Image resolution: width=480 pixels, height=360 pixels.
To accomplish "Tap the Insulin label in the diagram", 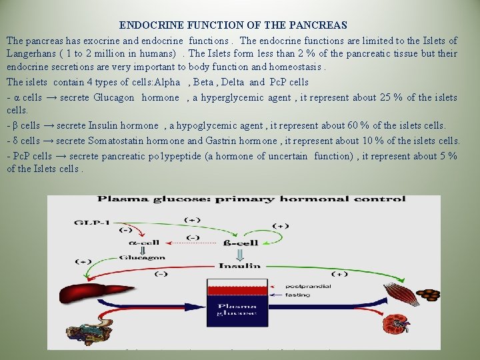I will pyautogui.click(x=239, y=265).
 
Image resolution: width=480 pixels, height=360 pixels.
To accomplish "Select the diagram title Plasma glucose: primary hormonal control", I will pyautogui.click(x=251, y=199).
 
